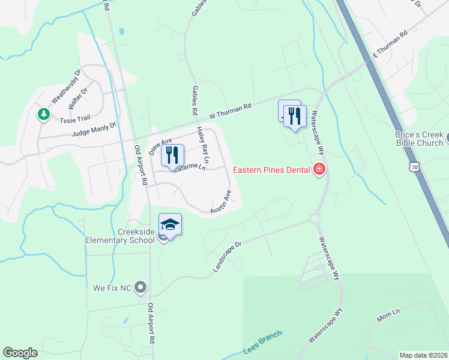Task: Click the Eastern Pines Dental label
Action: click(x=271, y=169)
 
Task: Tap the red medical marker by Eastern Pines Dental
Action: click(x=319, y=169)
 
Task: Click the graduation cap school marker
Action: click(x=170, y=225)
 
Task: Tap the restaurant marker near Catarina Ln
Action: click(x=172, y=155)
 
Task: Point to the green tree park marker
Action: click(x=43, y=113)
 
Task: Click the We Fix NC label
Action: click(x=112, y=288)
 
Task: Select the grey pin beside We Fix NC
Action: click(x=141, y=288)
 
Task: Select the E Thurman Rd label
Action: click(x=390, y=43)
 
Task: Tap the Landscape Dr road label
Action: click(x=227, y=258)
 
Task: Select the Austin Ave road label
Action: click(x=221, y=202)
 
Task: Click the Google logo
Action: click(x=20, y=353)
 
